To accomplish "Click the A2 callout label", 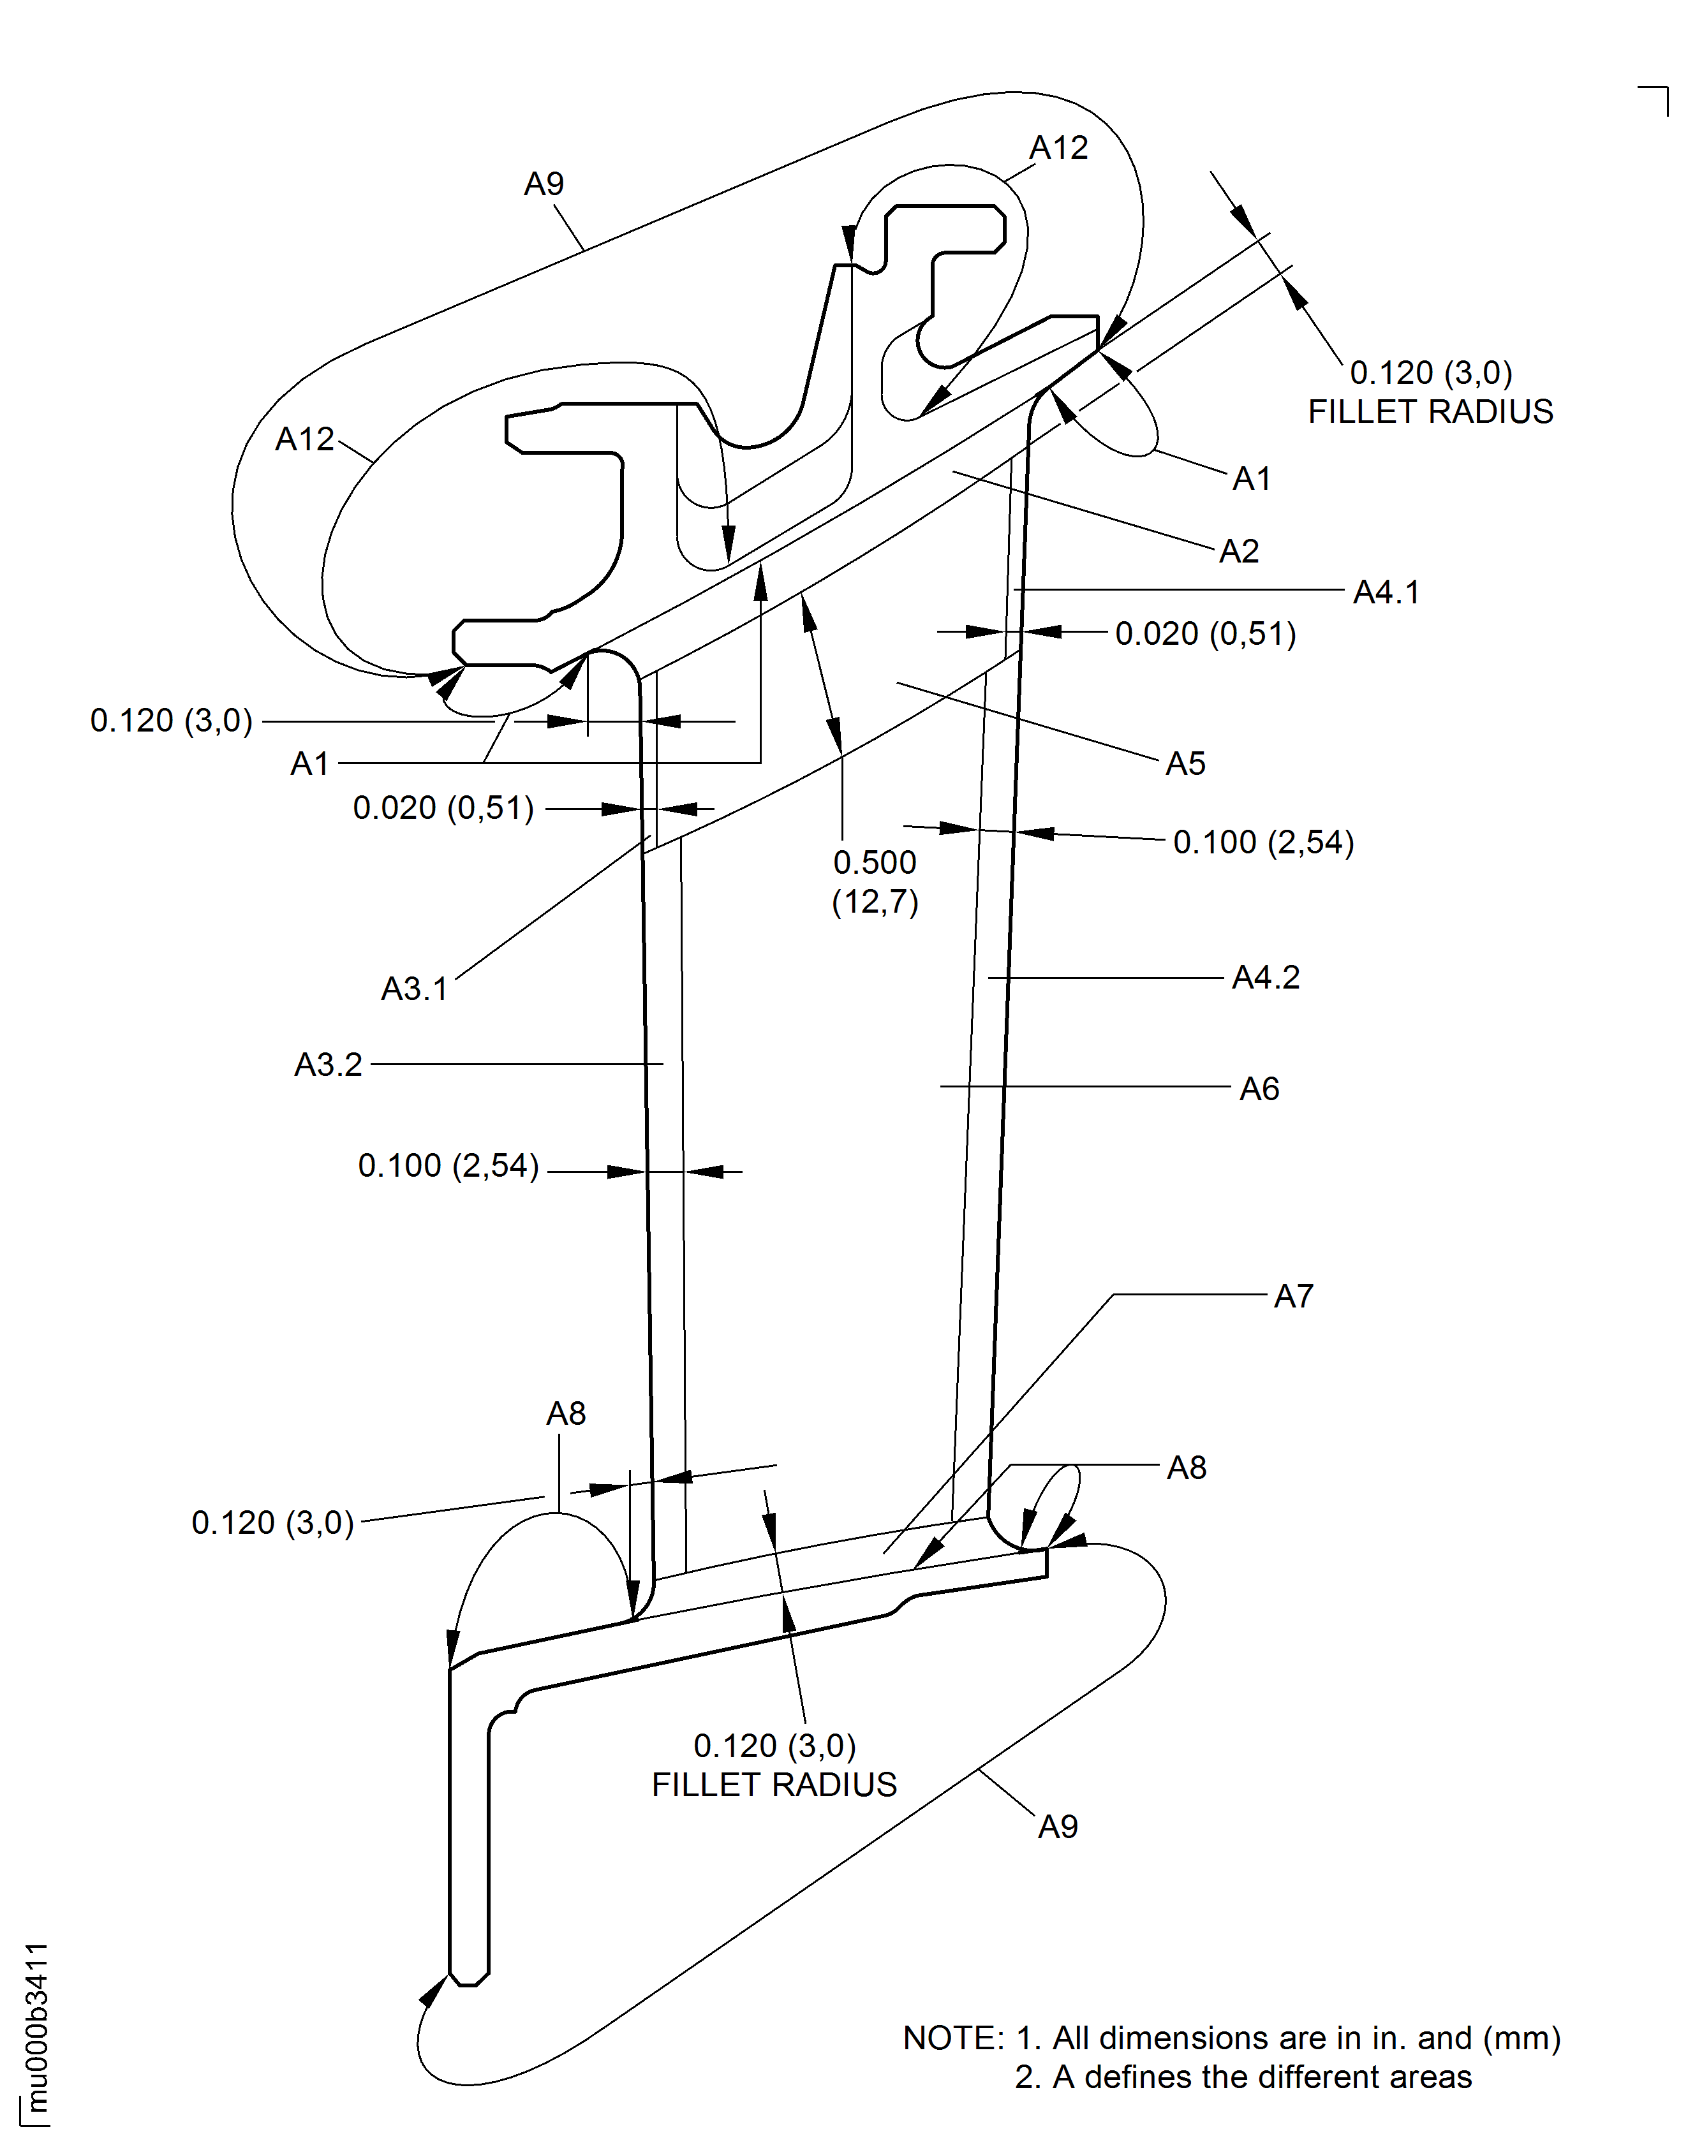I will click(x=1240, y=551).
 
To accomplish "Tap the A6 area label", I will click(x=1259, y=1089).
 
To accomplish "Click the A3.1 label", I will click(x=415, y=989).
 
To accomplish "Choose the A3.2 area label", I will click(x=328, y=1065).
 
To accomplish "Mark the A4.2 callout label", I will click(x=1265, y=978).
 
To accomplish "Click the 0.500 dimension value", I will click(x=875, y=862).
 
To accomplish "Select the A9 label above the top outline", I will click(x=544, y=184).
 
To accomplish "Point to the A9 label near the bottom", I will click(x=1058, y=1827).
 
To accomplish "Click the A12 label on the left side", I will click(x=304, y=439).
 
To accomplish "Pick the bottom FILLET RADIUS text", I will click(x=774, y=1785).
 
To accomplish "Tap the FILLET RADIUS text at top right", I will click(x=1430, y=412).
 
